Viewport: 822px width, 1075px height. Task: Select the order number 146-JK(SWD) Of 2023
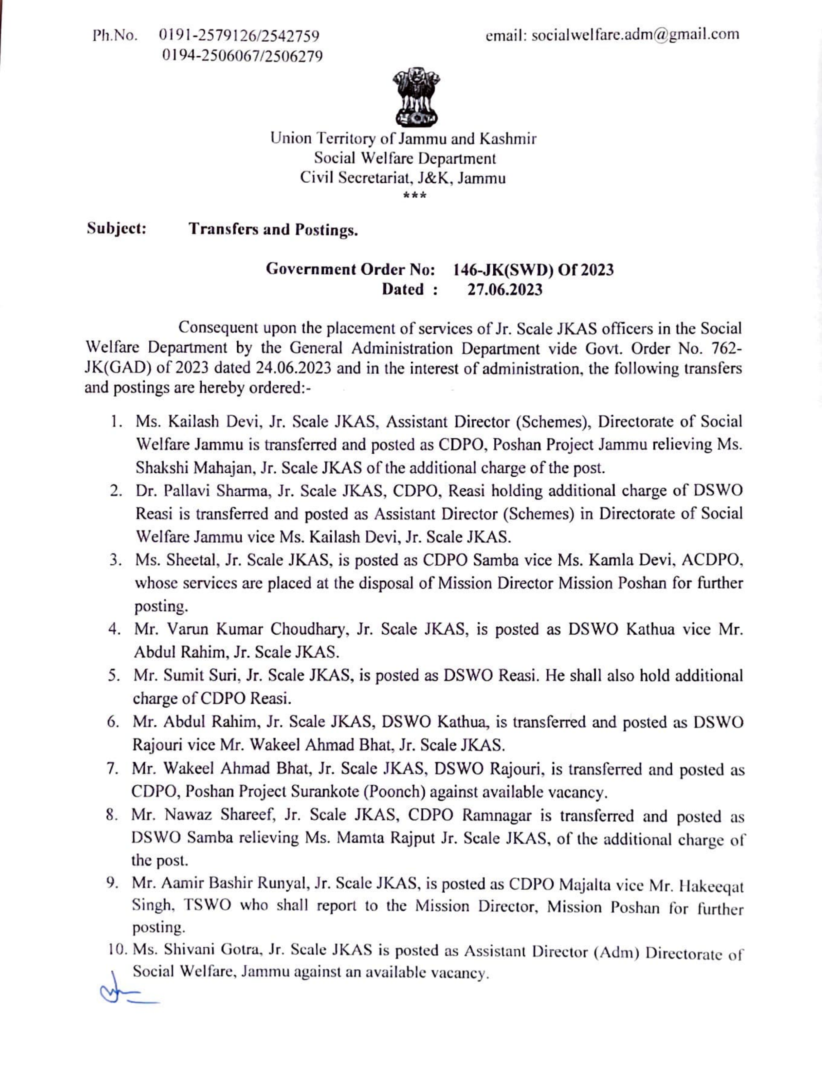click(x=533, y=269)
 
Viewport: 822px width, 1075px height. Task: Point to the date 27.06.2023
click(x=505, y=290)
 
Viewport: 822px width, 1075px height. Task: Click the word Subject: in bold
click(x=117, y=229)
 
